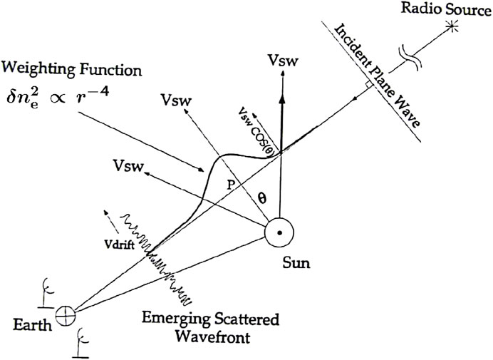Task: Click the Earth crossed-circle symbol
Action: tap(66, 313)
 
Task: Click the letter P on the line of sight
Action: tap(230, 183)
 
